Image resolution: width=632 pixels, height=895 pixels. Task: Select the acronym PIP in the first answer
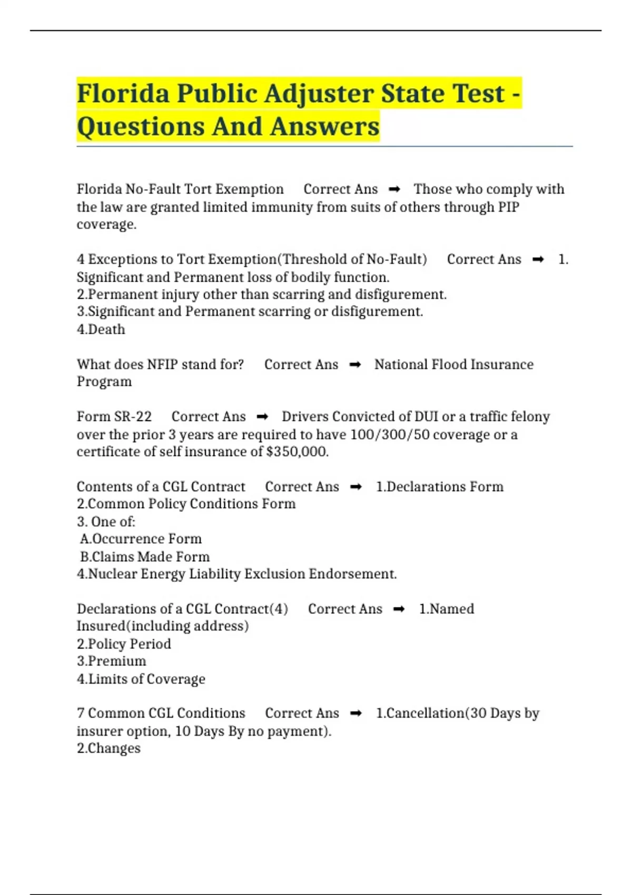pos(508,207)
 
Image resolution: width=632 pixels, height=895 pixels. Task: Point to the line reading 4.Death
pos(101,329)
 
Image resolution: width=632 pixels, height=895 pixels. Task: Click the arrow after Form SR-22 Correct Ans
pos(262,417)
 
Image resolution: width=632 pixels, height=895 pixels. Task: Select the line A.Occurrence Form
pos(141,539)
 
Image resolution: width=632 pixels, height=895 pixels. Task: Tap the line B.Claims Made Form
pos(145,556)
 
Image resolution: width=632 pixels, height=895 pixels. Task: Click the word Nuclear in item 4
pos(112,574)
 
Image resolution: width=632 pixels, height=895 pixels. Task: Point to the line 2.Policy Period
pos(124,644)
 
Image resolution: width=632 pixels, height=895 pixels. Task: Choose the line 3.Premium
pos(112,661)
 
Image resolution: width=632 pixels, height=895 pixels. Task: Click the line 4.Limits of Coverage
pos(141,679)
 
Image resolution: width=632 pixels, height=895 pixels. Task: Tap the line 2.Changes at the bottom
pos(109,748)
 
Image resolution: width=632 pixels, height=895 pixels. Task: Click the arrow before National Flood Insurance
pos(355,364)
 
